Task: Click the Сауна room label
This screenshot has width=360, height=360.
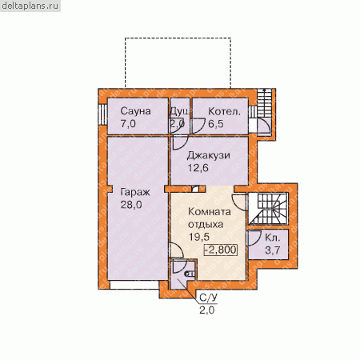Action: pos(135,111)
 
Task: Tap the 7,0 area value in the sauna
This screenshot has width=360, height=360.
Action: pos(128,124)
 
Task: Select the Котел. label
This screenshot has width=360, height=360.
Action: pos(224,111)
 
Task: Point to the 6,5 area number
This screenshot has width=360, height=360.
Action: pos(216,124)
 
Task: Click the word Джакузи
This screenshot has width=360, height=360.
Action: pos(209,156)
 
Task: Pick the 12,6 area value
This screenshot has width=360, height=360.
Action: pos(198,168)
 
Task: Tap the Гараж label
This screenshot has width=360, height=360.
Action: pos(135,192)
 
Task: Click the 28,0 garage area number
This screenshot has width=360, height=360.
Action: pos(131,205)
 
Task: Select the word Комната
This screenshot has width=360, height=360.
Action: pos(210,212)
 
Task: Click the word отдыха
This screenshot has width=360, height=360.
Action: pos(206,225)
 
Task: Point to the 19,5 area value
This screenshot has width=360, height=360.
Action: pos(199,237)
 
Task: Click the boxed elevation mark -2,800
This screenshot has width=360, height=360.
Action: pos(221,250)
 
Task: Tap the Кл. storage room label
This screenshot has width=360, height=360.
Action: pos(273,238)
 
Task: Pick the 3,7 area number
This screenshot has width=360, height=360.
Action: pos(273,250)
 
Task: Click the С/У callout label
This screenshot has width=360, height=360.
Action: pos(208,298)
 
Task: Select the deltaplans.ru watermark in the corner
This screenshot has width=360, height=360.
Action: pos(30,6)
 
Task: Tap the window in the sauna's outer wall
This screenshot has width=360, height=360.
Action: pos(102,114)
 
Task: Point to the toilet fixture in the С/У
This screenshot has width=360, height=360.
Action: pos(190,274)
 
